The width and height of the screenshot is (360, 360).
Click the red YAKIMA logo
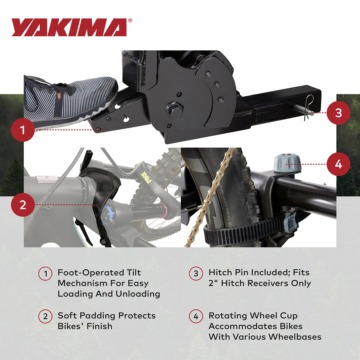pos(69,27)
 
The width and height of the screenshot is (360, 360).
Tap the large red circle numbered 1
pos(23,130)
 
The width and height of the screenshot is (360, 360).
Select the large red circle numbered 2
pos(23,205)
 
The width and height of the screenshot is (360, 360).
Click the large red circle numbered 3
pos(338,113)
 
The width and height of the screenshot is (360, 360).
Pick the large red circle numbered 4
pos(338,164)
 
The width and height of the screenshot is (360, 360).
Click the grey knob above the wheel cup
pos(287,163)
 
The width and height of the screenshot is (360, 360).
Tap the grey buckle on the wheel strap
pos(291,222)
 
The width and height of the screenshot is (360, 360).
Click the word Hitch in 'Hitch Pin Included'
pos(220,272)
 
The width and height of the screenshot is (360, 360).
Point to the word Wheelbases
pos(295,337)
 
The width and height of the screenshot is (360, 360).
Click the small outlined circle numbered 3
pos(196,274)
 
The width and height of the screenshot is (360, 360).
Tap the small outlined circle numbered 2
pos(45,317)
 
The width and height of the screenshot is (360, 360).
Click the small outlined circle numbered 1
pos(45,274)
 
